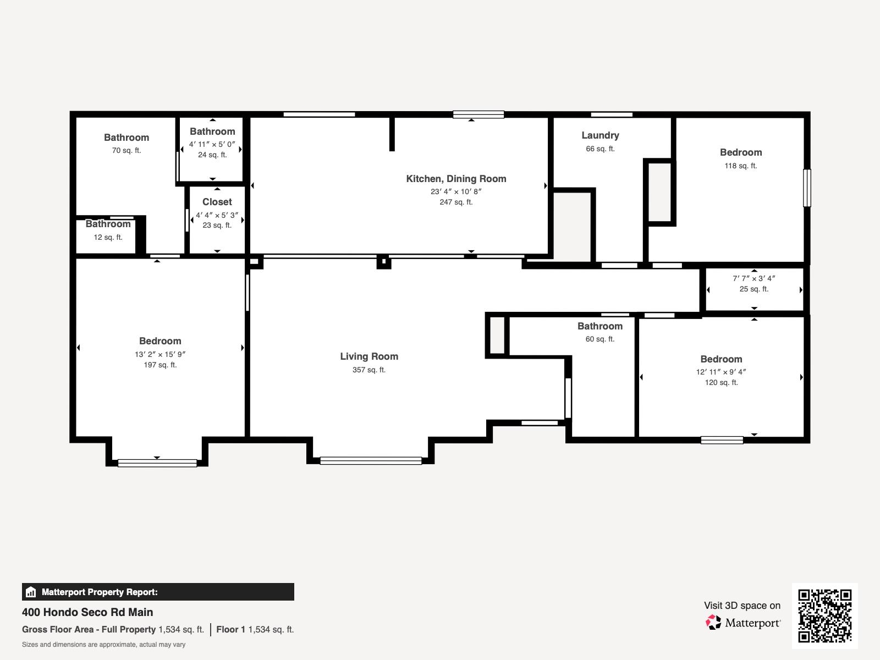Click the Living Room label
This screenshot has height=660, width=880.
[369, 356]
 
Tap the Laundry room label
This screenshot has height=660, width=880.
[600, 135]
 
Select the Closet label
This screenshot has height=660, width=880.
[217, 202]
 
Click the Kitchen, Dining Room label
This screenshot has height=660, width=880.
[456, 179]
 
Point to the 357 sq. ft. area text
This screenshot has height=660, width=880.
[369, 370]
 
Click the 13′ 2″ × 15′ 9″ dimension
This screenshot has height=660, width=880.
[160, 354]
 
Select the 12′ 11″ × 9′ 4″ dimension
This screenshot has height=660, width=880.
[721, 372]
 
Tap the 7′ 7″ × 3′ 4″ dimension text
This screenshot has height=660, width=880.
[754, 278]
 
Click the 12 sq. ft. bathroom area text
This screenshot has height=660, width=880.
[108, 237]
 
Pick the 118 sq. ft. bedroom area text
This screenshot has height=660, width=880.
[740, 166]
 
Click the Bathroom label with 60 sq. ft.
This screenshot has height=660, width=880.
[599, 326]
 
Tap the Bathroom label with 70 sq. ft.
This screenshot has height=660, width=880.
[127, 137]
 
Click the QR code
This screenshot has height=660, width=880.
[824, 615]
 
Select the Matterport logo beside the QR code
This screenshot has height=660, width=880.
[743, 623]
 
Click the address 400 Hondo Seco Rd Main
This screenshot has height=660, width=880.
[87, 612]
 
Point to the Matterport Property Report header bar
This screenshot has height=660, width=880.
[158, 592]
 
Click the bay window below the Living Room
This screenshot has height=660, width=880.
[371, 460]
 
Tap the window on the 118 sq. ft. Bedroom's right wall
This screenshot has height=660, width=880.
[807, 188]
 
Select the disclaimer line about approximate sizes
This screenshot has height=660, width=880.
[103, 645]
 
